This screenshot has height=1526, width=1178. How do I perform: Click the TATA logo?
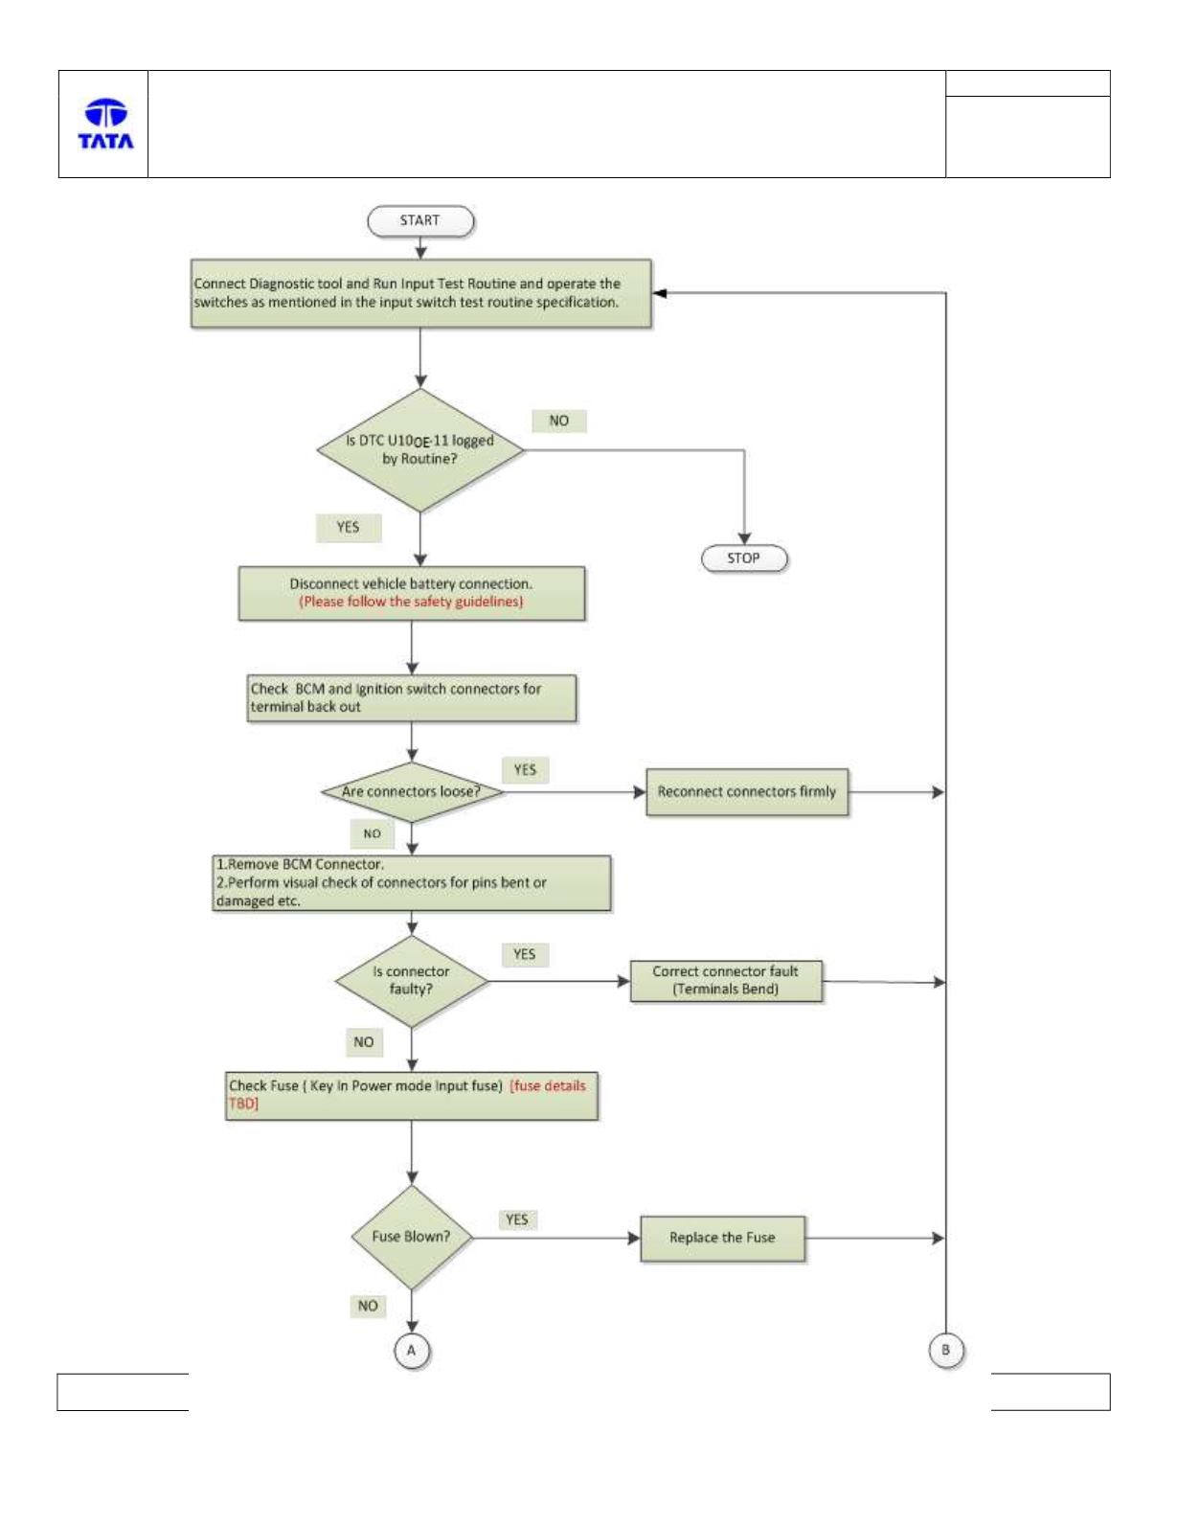[x=105, y=124]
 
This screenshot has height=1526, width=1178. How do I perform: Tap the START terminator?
[x=420, y=221]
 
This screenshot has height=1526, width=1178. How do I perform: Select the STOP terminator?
[x=744, y=558]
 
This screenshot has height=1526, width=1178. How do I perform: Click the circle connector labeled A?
[x=412, y=1351]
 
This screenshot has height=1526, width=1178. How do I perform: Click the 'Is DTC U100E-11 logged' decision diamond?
[x=419, y=450]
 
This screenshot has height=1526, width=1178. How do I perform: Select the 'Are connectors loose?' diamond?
[x=412, y=792]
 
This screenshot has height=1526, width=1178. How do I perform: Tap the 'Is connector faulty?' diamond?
[x=412, y=981]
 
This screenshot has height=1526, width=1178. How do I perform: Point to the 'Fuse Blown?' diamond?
[x=412, y=1238]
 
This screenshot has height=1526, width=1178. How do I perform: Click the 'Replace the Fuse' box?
[x=722, y=1238]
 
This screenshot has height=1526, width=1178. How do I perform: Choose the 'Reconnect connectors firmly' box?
[x=747, y=792]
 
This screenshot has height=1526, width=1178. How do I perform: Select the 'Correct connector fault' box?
[x=726, y=981]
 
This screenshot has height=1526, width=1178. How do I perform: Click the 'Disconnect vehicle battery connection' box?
[x=412, y=593]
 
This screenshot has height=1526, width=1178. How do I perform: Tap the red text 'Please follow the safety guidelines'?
[x=412, y=602]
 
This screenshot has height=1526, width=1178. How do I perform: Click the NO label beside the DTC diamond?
[x=558, y=421]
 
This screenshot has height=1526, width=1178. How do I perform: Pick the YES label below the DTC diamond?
[x=349, y=528]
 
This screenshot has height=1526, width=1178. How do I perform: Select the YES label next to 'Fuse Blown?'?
[x=517, y=1219]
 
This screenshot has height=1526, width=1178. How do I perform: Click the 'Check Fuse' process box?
[x=412, y=1096]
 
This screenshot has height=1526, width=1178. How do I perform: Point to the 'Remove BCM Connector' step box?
[x=412, y=882]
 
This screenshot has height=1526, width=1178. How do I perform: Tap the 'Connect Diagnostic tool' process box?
[x=420, y=293]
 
